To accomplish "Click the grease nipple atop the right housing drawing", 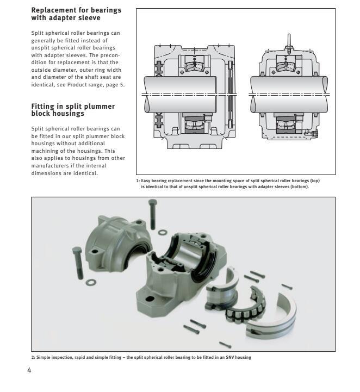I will point(289,40).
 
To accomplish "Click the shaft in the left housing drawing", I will point(179,87).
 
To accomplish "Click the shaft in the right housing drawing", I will point(288,87).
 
